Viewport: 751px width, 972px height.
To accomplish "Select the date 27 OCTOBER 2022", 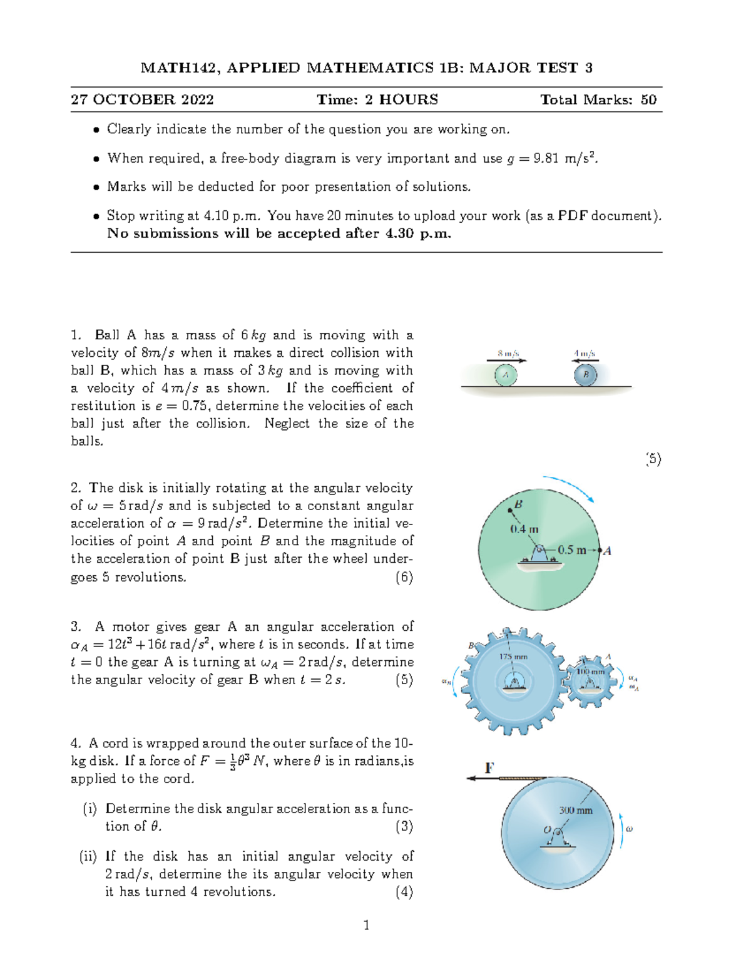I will (x=142, y=100).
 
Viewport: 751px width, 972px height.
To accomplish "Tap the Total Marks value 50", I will (x=648, y=100).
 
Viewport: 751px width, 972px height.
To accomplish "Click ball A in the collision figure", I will (x=506, y=375).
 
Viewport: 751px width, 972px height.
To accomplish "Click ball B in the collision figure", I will (x=586, y=375).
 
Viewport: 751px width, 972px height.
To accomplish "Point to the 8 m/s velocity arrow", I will (x=507, y=360).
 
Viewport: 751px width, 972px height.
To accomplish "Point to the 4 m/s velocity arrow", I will (x=585, y=360).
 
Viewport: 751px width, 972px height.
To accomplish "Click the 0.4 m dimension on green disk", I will (x=524, y=529).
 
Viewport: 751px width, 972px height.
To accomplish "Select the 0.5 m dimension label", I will (x=571, y=550).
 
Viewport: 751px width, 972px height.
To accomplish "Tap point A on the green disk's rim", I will (x=600, y=550).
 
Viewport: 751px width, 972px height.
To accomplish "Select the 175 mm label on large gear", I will (x=513, y=657).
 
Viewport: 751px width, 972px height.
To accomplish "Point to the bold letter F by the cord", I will (x=489, y=767).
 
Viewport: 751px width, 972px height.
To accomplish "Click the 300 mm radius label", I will (x=575, y=810).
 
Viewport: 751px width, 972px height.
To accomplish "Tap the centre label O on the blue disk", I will (x=547, y=830).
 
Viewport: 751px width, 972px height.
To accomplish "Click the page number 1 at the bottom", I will (x=366, y=925).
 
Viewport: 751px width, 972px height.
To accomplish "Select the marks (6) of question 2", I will (x=404, y=576).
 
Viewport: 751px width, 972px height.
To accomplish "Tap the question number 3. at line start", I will (x=76, y=627).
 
